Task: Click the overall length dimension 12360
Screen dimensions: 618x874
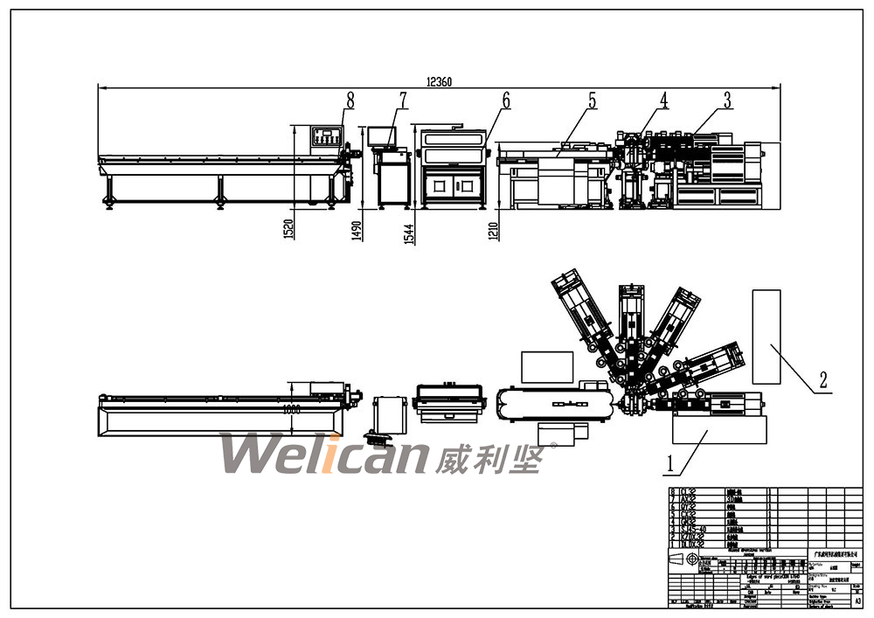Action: (x=439, y=81)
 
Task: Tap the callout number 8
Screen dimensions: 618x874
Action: (x=350, y=100)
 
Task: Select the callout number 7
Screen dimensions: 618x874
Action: (x=403, y=100)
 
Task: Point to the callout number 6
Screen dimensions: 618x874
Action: (x=505, y=100)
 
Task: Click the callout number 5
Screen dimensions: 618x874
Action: (x=592, y=101)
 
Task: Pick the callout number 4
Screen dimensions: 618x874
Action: (x=663, y=100)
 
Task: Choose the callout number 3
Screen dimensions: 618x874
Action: (x=726, y=100)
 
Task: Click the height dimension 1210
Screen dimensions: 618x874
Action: (x=494, y=229)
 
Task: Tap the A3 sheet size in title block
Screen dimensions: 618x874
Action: (x=857, y=601)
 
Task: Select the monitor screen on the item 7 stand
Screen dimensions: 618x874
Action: (x=381, y=135)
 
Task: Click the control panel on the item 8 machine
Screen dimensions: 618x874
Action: (x=326, y=137)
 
